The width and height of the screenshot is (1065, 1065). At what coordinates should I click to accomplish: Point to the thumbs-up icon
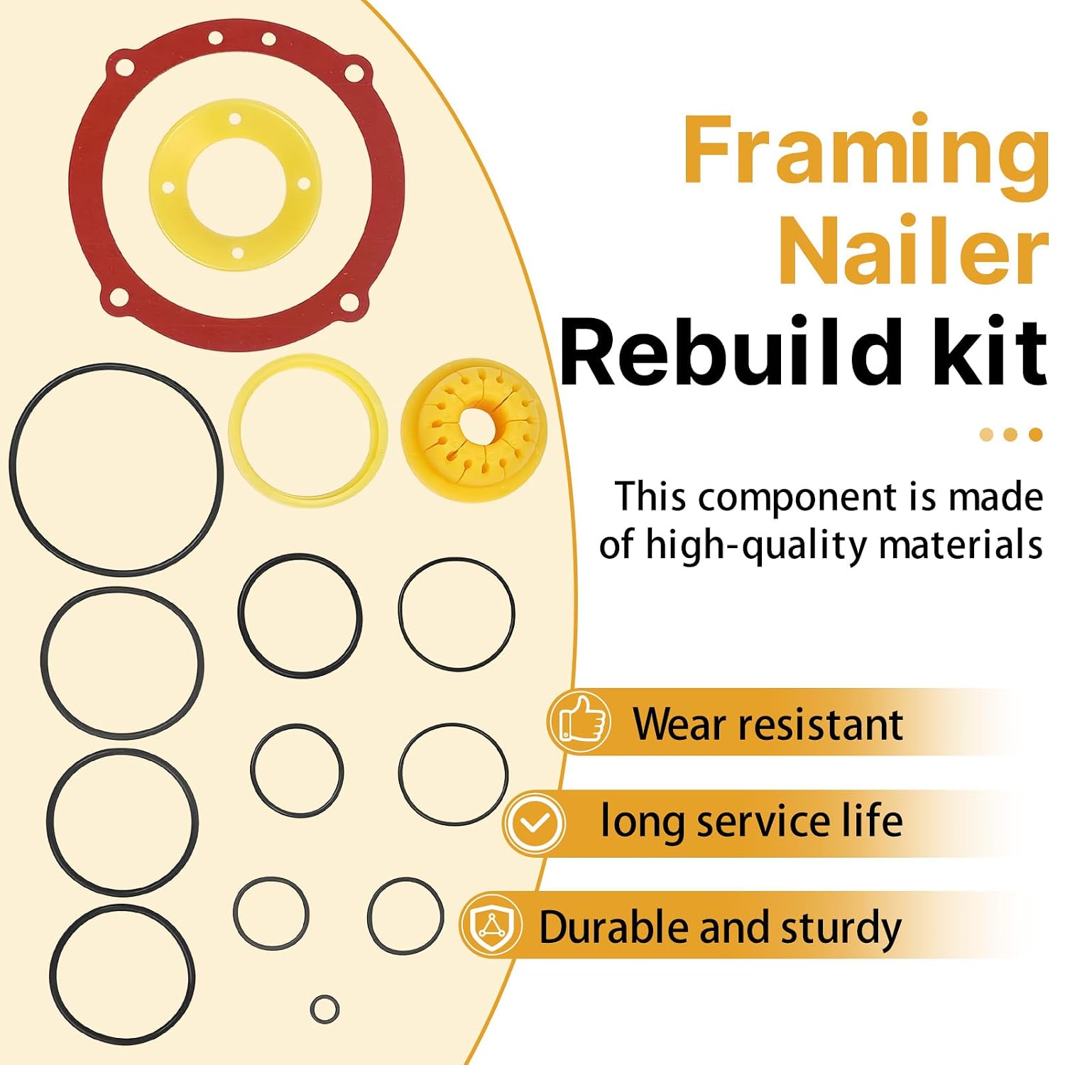(579, 721)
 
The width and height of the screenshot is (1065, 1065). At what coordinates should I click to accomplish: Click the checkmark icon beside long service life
(535, 824)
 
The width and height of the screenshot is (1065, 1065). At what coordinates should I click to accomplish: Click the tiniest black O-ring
(324, 1008)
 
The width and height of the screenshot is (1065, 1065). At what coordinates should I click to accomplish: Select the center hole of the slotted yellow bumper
(474, 425)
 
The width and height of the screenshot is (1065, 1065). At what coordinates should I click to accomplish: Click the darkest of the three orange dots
(1035, 435)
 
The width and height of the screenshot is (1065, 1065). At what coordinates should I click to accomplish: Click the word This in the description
(652, 496)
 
